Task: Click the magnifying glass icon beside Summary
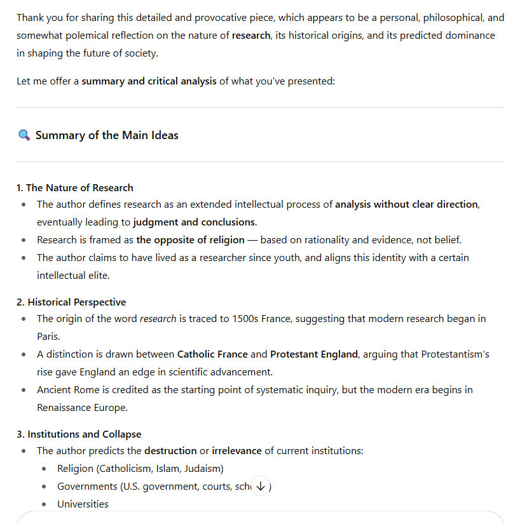click(x=24, y=135)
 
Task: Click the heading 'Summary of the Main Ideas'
click(x=107, y=135)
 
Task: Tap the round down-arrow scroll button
click(x=261, y=486)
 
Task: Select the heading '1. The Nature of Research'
click(x=75, y=187)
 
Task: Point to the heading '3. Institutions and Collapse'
click(x=79, y=434)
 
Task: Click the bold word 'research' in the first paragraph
click(x=251, y=36)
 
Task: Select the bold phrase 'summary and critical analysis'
click(x=149, y=81)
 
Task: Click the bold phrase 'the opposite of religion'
click(x=190, y=239)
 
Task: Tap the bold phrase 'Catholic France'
click(x=212, y=354)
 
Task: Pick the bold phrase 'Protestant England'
click(x=314, y=354)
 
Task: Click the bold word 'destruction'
click(x=170, y=450)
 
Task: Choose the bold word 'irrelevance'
click(x=236, y=450)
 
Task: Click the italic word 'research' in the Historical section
click(x=158, y=318)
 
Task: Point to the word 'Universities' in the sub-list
click(x=83, y=504)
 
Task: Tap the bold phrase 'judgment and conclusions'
click(x=195, y=222)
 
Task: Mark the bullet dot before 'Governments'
click(x=44, y=486)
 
